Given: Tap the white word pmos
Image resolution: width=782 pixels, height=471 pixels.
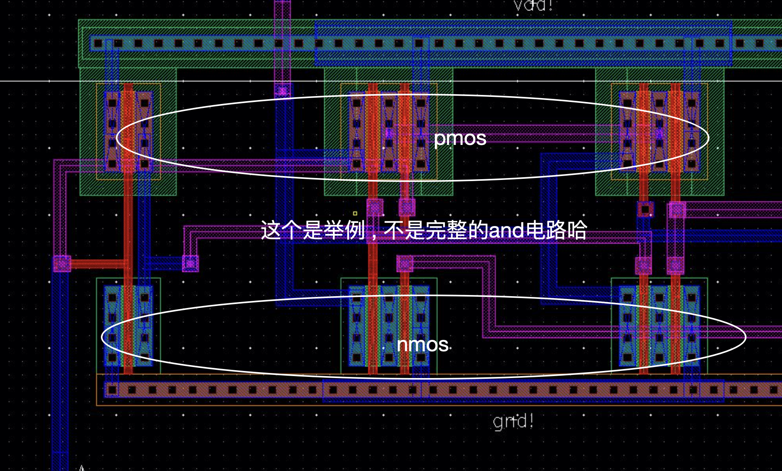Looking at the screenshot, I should [x=460, y=138].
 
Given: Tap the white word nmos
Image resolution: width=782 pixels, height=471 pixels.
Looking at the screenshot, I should [x=423, y=345].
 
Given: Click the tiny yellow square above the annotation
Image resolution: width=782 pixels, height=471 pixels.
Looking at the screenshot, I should [x=355, y=213].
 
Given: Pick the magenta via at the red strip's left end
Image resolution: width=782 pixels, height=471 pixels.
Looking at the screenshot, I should [x=62, y=263].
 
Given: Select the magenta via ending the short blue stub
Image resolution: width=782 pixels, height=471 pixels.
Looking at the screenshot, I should [x=190, y=263].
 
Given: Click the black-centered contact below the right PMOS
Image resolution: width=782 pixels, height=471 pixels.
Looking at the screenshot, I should [x=645, y=209].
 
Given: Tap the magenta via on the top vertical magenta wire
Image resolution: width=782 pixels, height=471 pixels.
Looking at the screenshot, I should [x=282, y=91].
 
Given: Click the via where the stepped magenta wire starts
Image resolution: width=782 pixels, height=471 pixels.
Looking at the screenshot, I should [x=405, y=263].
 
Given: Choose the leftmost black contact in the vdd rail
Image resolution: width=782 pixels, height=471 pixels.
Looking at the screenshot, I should [x=98, y=43].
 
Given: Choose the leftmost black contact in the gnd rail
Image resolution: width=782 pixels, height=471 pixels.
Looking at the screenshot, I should [x=112, y=390].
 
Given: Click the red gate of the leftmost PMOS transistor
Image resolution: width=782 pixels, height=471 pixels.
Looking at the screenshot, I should [x=128, y=130].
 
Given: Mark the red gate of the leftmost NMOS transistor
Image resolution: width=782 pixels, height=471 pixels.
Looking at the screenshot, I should [x=128, y=327].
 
